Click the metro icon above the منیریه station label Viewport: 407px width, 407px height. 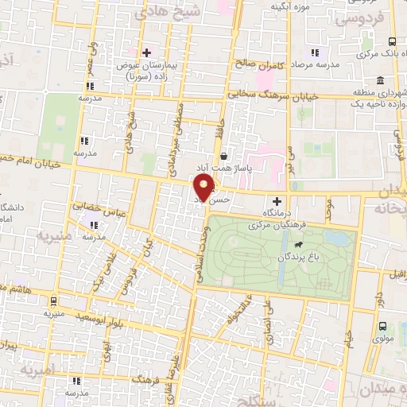[53, 301]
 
